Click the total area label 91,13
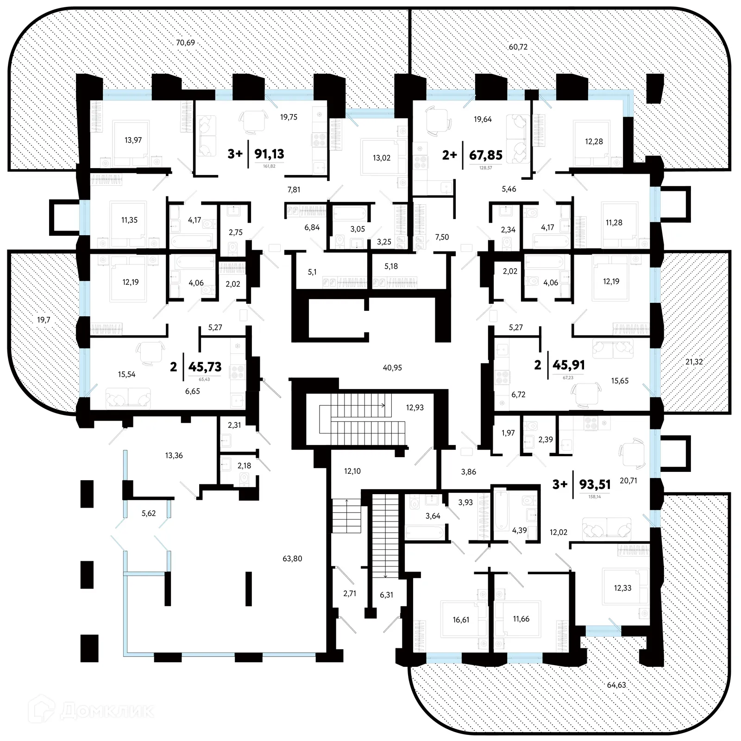coord(269,154)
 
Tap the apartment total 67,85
coord(485,155)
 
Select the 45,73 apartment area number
coord(205,367)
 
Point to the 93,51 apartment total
coord(595,484)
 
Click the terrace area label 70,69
coord(185,43)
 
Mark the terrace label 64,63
coord(616,685)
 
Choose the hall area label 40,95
coord(392,368)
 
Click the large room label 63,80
coord(292,559)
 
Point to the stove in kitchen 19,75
coord(319,139)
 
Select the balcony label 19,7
coord(44,320)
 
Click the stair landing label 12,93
coord(414,408)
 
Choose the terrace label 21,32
coord(694,362)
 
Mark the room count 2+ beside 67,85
coord(449,155)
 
